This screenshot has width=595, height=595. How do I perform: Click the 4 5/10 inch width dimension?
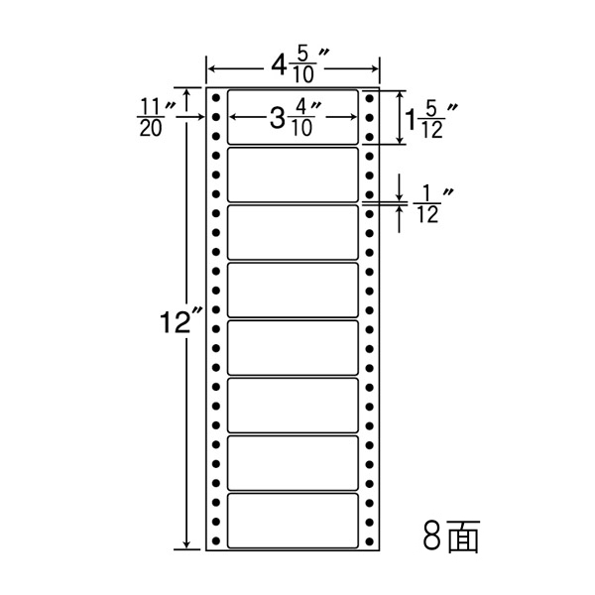293,66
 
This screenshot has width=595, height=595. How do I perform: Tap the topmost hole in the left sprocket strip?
216,99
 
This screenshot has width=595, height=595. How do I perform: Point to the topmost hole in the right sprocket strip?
369,99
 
